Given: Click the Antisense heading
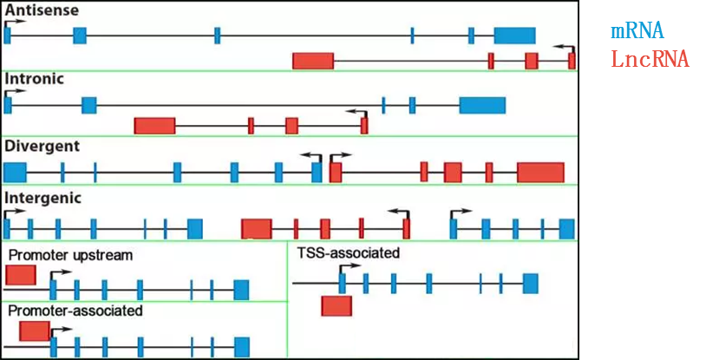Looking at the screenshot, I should [x=42, y=10].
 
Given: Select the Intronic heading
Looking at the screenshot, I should [x=34, y=79].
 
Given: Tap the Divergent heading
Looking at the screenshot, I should [x=42, y=145].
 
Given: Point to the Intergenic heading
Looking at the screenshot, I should [x=43, y=198].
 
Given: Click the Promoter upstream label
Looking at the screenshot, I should [x=70, y=255].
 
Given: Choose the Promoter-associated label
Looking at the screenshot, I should [x=75, y=310].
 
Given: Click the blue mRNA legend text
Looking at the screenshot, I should [x=637, y=31].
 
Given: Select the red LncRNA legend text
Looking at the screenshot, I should [x=650, y=60].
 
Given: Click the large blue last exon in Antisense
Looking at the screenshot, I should [x=514, y=36].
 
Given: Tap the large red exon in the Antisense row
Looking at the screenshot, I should [x=313, y=61].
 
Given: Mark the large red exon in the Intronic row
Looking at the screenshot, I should [x=154, y=126].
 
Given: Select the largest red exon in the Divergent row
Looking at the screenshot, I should [x=540, y=172].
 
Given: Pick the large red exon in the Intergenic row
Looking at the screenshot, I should [x=256, y=229].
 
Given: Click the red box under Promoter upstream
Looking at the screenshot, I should [x=21, y=275].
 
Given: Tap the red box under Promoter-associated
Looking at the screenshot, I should [x=35, y=331].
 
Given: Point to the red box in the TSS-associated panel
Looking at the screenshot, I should [x=337, y=305].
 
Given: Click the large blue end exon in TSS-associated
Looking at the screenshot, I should [x=530, y=283].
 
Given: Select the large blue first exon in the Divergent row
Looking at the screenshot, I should [x=15, y=172].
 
